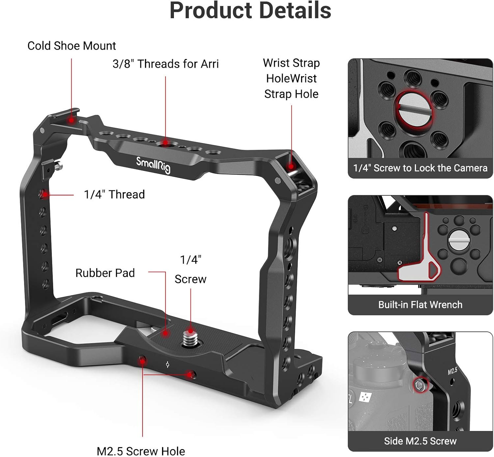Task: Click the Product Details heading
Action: pyautogui.click(x=250, y=11)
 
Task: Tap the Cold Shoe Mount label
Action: pyautogui.click(x=71, y=46)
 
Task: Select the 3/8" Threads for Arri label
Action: pyautogui.click(x=165, y=64)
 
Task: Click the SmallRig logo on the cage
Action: pyautogui.click(x=153, y=164)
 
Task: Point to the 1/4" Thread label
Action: pyautogui.click(x=114, y=194)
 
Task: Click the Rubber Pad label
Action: pyautogui.click(x=105, y=273)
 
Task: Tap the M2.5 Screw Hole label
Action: pyautogui.click(x=141, y=451)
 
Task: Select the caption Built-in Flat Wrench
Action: pyautogui.click(x=420, y=304)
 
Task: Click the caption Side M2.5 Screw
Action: pyautogui.click(x=420, y=441)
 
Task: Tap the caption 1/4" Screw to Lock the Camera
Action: pyautogui.click(x=420, y=168)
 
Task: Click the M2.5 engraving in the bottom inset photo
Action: pyautogui.click(x=453, y=371)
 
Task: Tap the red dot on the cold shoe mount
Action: pyautogui.click(x=71, y=121)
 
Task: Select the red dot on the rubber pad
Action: pyautogui.click(x=165, y=333)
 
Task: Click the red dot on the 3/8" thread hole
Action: pyautogui.click(x=165, y=144)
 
